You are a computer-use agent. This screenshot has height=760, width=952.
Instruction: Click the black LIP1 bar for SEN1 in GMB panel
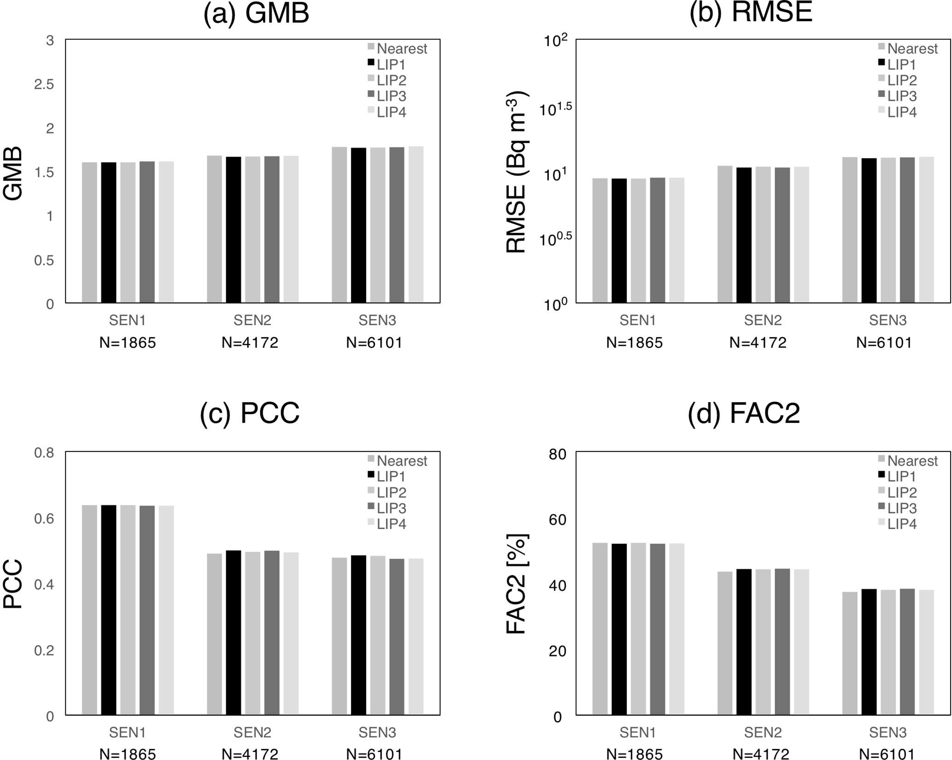pos(109,233)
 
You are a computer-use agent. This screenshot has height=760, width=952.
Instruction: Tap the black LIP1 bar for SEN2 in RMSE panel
pos(744,235)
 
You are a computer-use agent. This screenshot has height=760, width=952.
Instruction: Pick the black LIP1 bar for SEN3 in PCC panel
pos(358,635)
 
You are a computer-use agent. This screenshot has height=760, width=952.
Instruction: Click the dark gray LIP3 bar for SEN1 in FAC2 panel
pos(657,629)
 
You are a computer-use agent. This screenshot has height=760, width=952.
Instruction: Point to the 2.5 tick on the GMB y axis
pos(44,84)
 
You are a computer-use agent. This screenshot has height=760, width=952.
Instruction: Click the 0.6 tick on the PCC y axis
pos(44,519)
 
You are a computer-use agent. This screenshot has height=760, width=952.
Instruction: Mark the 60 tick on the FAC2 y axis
pos(557,520)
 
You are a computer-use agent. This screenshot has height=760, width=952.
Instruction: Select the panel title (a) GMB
pos(256,14)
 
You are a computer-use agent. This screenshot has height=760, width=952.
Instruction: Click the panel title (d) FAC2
pos(743,413)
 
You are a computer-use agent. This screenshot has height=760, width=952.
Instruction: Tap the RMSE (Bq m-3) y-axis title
pos(517,172)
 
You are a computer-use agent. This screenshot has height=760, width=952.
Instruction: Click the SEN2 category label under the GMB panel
pos(252,320)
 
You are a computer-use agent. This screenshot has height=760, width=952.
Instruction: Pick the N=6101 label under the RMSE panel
pos(884,343)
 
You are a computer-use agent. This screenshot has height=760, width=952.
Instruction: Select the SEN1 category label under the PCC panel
pos(127,732)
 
